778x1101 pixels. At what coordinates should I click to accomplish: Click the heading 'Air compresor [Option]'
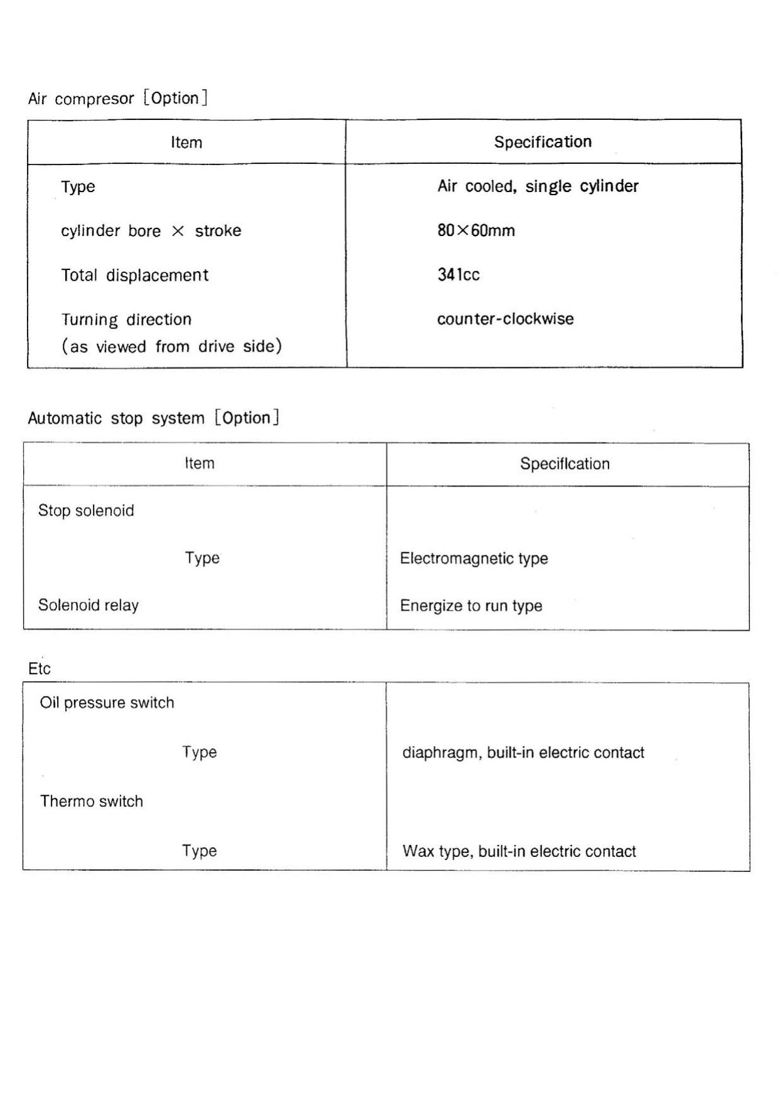click(118, 99)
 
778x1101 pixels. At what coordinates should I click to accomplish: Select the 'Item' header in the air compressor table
click(186, 142)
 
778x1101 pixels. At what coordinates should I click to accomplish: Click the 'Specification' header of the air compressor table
click(543, 142)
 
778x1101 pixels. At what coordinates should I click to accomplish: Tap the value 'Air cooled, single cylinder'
click(538, 186)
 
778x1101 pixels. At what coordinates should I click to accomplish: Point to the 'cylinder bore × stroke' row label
click(151, 231)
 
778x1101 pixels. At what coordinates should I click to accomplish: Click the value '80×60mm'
click(476, 230)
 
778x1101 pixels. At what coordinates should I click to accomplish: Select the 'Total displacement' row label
click(134, 275)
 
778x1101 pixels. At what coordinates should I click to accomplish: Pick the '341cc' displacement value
click(459, 274)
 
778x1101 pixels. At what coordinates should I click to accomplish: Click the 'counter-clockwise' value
click(505, 319)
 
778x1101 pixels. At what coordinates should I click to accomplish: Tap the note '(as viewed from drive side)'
click(171, 346)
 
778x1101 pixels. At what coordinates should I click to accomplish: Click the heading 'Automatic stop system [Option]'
click(153, 418)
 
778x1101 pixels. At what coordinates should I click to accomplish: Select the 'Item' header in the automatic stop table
click(200, 463)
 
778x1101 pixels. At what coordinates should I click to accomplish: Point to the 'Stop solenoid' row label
click(86, 510)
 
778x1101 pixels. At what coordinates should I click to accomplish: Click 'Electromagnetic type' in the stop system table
click(474, 558)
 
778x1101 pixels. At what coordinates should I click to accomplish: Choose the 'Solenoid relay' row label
click(88, 605)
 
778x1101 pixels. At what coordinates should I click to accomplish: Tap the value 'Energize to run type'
click(471, 606)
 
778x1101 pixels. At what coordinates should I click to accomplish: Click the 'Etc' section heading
click(40, 669)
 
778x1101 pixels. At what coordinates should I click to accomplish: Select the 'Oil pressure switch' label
click(107, 702)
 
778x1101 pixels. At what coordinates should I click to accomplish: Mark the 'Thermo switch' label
click(92, 801)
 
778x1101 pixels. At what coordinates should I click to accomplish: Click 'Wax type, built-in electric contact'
click(519, 851)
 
